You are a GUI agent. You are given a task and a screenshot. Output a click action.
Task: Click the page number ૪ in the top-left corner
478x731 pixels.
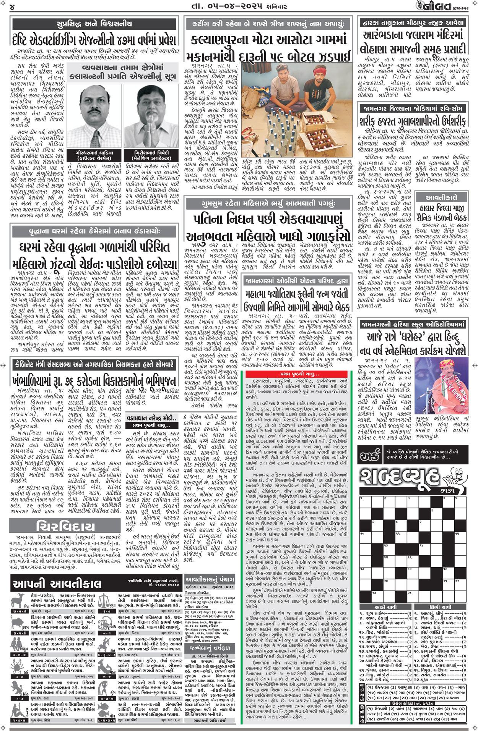(x=12, y=7)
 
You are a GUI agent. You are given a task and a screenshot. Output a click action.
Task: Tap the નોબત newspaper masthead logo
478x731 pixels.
(x=434, y=6)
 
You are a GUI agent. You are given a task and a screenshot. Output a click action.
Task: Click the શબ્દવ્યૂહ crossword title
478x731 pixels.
(x=400, y=479)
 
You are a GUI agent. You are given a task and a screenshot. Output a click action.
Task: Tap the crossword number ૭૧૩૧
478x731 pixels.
(x=445, y=490)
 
